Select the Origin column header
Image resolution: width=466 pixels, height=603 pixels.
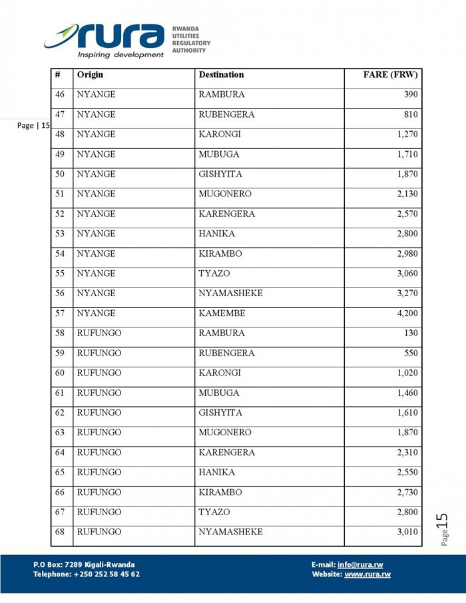tap(90, 75)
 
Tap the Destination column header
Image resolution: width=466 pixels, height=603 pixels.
tap(221, 75)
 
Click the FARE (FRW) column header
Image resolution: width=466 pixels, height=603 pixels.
tap(390, 75)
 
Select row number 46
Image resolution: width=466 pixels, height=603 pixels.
tap(60, 95)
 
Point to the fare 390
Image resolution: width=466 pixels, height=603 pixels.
tap(411, 95)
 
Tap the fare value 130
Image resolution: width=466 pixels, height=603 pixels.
tap(411, 333)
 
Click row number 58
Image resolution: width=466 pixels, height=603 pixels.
tap(60, 333)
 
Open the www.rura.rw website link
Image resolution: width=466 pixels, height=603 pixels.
tap(367, 574)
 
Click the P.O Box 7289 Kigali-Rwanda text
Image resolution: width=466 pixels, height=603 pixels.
tap(84, 564)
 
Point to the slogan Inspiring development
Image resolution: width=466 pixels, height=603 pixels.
tap(120, 55)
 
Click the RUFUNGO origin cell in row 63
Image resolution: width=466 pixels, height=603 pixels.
tap(99, 433)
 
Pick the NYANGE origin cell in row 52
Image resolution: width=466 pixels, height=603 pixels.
tap(96, 214)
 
